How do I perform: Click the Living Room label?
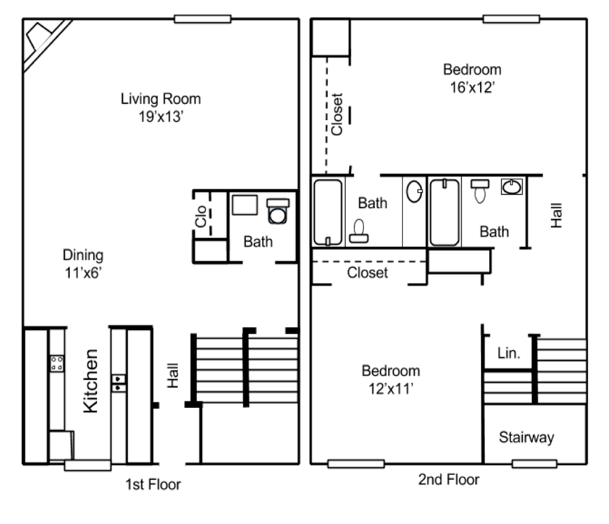point(161,99)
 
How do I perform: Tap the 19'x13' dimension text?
point(161,117)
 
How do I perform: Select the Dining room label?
point(83,255)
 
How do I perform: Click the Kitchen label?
point(91,381)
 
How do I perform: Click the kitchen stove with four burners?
point(57,363)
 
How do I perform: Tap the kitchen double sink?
point(119,383)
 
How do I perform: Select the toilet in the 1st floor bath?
point(278,211)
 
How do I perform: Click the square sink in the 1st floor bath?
point(245,205)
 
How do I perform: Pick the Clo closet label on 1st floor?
point(201,216)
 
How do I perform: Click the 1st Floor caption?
point(153,485)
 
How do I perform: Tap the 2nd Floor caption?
point(449,480)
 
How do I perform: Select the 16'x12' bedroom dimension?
point(472,87)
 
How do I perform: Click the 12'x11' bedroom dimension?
point(391,388)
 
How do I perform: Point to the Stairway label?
point(526,438)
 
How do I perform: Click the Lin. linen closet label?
point(508,353)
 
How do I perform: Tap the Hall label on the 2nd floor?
point(557,215)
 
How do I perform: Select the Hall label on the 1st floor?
point(173,375)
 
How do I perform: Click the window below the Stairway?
point(535,464)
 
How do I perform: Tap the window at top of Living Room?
point(202,19)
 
